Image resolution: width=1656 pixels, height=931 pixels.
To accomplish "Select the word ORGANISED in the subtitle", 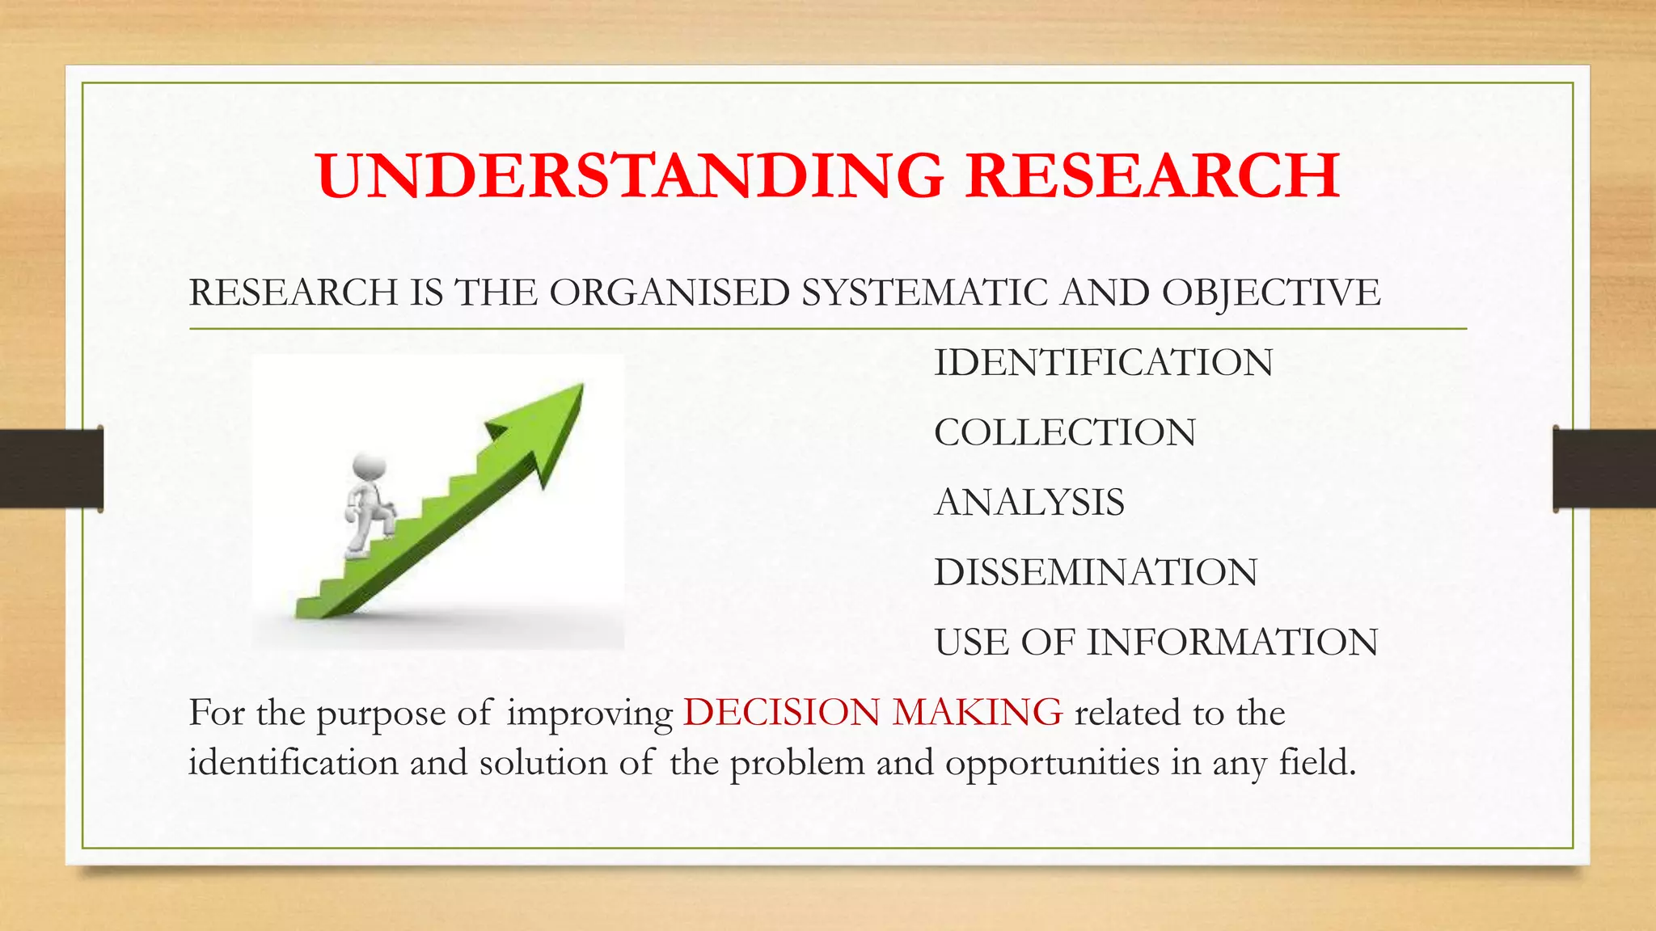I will tap(670, 293).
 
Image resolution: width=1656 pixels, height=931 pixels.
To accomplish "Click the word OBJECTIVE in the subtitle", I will tap(1271, 293).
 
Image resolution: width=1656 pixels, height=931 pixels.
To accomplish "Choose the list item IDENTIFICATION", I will tap(1104, 363).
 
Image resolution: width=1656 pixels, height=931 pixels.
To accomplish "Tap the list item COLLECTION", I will tap(1065, 433).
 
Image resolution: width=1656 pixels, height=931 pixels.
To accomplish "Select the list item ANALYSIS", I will tap(1029, 503).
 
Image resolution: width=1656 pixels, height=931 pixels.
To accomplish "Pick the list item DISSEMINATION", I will tap(1096, 573).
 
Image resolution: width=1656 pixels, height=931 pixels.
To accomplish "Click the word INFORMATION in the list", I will tap(1231, 643).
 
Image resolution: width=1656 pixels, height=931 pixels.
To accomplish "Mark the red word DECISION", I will tap(781, 713).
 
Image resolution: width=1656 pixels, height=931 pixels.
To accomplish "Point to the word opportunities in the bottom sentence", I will tap(1052, 764).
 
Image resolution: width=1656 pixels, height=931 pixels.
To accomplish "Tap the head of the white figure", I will tap(369, 468).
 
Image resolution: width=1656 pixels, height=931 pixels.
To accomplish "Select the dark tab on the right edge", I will tap(1604, 469).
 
